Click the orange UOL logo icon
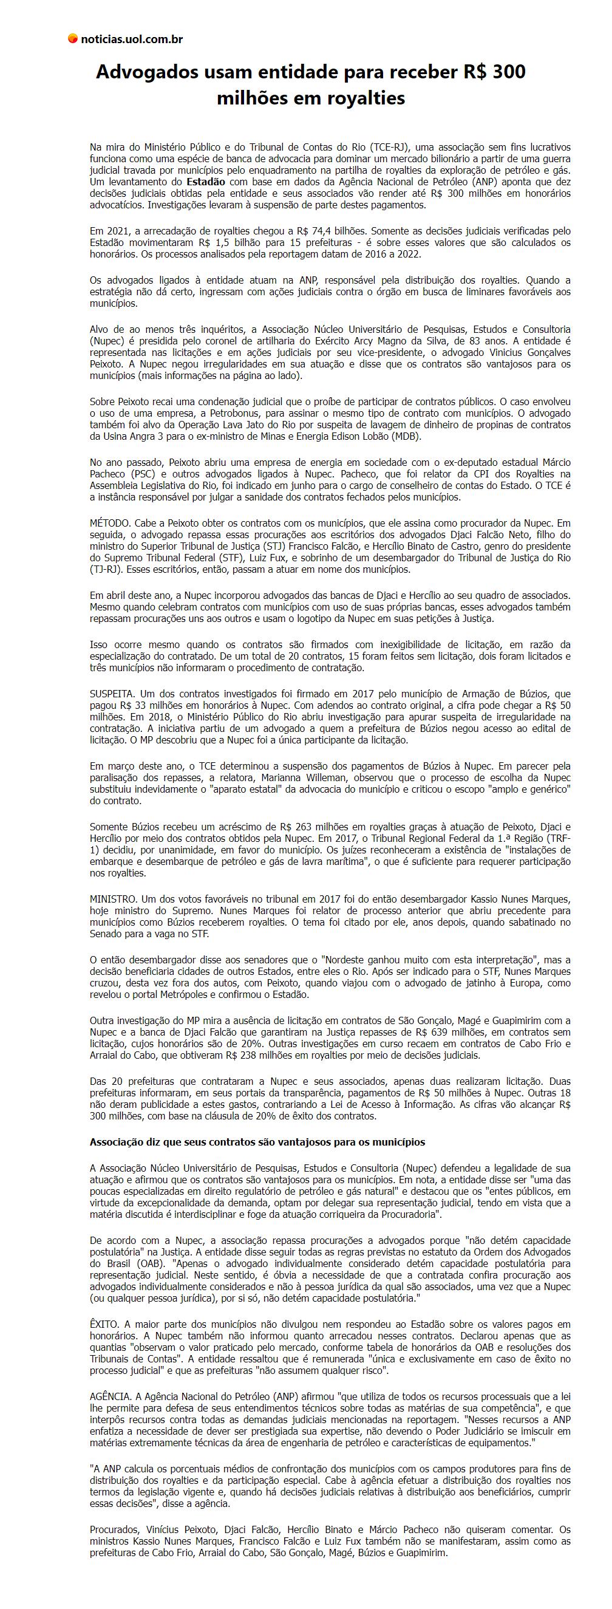click(x=73, y=39)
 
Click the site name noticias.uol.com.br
click(x=132, y=39)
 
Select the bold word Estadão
click(x=206, y=182)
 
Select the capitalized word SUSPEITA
click(x=112, y=693)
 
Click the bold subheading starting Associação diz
click(x=257, y=1143)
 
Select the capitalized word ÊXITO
click(x=104, y=1324)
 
